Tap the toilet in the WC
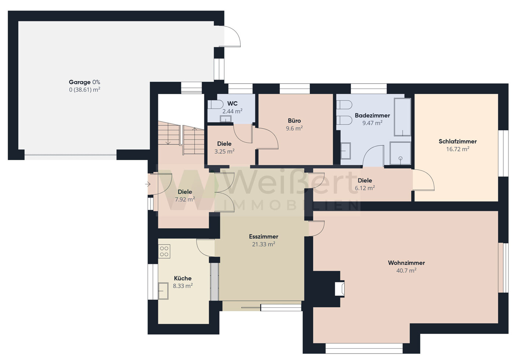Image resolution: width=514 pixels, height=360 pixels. [x=215, y=105]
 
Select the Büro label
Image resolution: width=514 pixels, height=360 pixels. [x=294, y=121]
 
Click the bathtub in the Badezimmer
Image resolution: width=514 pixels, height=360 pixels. [x=402, y=117]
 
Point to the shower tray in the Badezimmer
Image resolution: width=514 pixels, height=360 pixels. [x=400, y=153]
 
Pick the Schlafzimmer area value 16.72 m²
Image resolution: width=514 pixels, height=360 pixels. [x=457, y=149]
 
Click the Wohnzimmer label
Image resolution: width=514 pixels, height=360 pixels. [x=406, y=263]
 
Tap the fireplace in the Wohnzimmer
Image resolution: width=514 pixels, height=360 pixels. [x=339, y=289]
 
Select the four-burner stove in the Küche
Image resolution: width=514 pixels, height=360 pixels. [x=164, y=252]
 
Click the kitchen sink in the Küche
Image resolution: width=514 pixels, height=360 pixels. [x=163, y=291]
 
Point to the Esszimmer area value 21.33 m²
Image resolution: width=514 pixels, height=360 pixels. [x=263, y=244]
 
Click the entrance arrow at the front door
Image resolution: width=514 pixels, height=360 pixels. [x=148, y=184]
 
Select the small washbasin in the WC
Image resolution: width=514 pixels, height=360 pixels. [x=226, y=119]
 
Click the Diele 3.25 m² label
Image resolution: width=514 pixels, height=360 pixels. [x=224, y=147]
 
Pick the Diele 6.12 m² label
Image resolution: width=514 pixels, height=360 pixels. [x=365, y=184]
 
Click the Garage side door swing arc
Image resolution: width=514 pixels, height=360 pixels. [x=235, y=32]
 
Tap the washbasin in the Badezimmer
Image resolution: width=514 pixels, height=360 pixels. [x=345, y=151]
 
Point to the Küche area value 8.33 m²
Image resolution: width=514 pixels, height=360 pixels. [x=183, y=286]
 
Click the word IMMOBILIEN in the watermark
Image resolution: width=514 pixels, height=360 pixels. [x=291, y=205]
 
